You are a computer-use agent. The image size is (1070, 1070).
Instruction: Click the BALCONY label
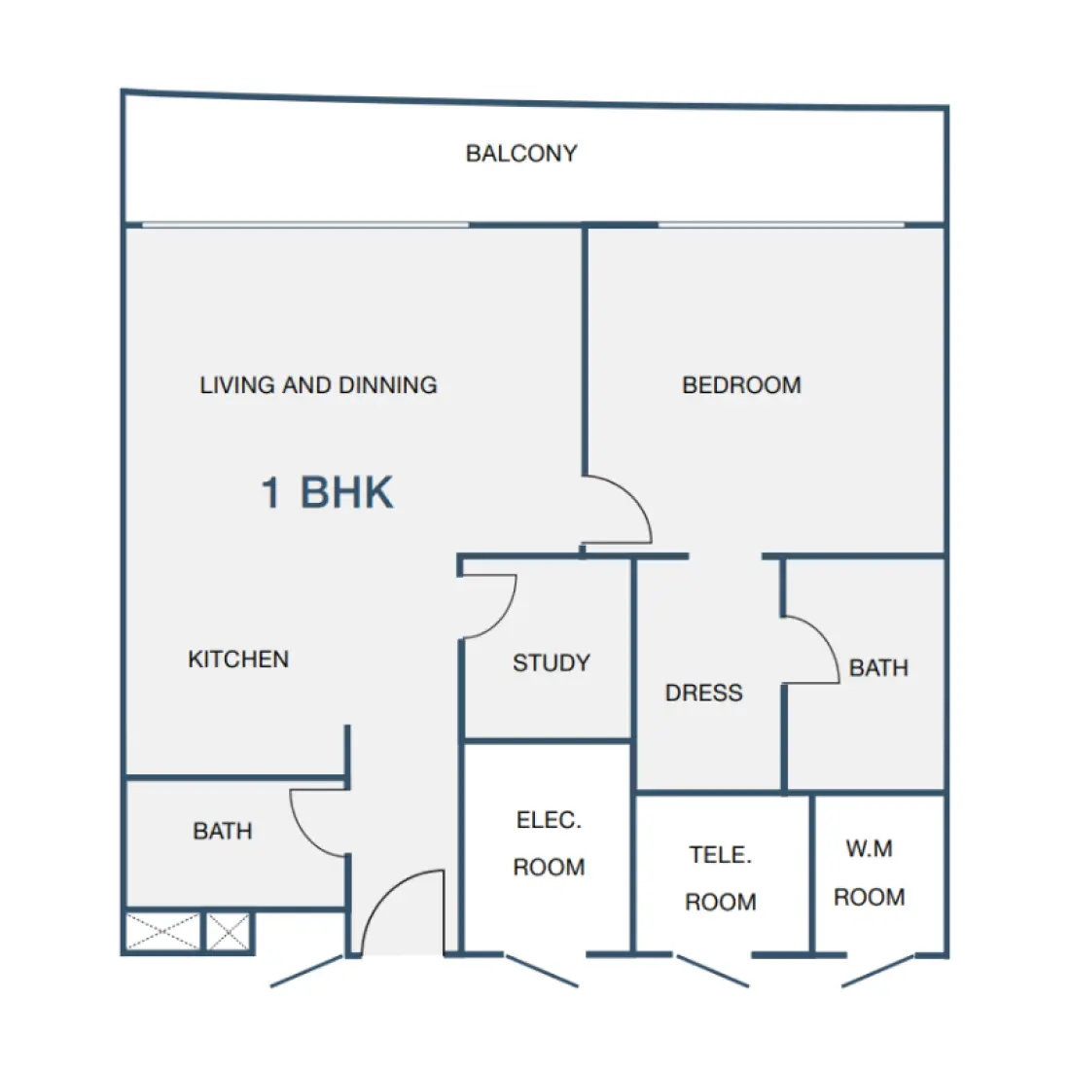[521, 153]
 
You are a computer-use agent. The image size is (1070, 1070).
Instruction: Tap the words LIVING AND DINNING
[318, 385]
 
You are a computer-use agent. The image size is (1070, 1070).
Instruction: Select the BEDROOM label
[741, 385]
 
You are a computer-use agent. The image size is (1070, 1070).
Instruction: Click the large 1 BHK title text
[327, 492]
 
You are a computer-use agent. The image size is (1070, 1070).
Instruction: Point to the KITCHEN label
[238, 660]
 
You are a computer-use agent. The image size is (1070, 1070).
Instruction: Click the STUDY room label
[552, 662]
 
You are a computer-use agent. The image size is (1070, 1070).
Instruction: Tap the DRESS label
[703, 693]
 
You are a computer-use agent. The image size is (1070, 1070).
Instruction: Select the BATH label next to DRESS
[878, 667]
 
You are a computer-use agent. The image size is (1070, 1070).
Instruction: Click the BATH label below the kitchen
[223, 831]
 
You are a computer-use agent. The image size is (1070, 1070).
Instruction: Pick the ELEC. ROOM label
[549, 843]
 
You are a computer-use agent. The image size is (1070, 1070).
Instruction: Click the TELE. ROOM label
[721, 878]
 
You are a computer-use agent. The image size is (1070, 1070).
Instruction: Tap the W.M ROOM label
[870, 873]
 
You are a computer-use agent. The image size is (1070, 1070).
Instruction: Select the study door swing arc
[501, 621]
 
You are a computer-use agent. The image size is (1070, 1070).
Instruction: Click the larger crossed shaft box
[163, 932]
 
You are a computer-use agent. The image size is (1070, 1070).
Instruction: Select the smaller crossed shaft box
[228, 932]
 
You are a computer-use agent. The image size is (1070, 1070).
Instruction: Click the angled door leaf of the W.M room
[877, 971]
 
